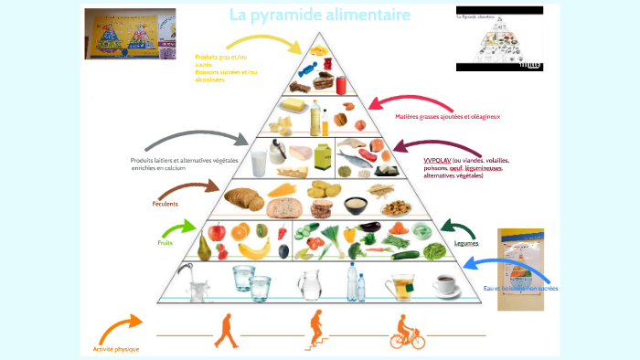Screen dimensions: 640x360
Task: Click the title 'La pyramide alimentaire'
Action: (319, 16)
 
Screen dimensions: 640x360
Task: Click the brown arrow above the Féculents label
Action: (187, 189)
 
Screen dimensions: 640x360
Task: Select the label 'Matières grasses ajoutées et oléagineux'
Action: (448, 117)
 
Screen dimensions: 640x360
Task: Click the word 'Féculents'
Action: (165, 204)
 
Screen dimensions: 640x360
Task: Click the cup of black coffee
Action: (446, 284)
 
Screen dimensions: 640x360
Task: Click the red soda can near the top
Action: (341, 85)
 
